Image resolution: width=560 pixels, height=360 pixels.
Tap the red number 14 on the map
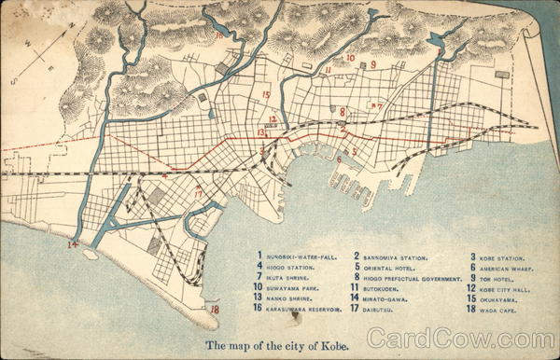(73, 245)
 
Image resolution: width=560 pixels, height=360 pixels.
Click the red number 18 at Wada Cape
(215, 310)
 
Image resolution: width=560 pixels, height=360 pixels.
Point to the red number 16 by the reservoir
(219, 36)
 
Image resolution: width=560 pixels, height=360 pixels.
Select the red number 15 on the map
(266, 95)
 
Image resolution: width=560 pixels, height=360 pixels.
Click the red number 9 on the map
(372, 65)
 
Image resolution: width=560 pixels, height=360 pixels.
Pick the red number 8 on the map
(343, 112)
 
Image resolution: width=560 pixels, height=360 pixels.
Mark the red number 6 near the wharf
(339, 159)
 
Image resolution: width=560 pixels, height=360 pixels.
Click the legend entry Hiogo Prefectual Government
(413, 278)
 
